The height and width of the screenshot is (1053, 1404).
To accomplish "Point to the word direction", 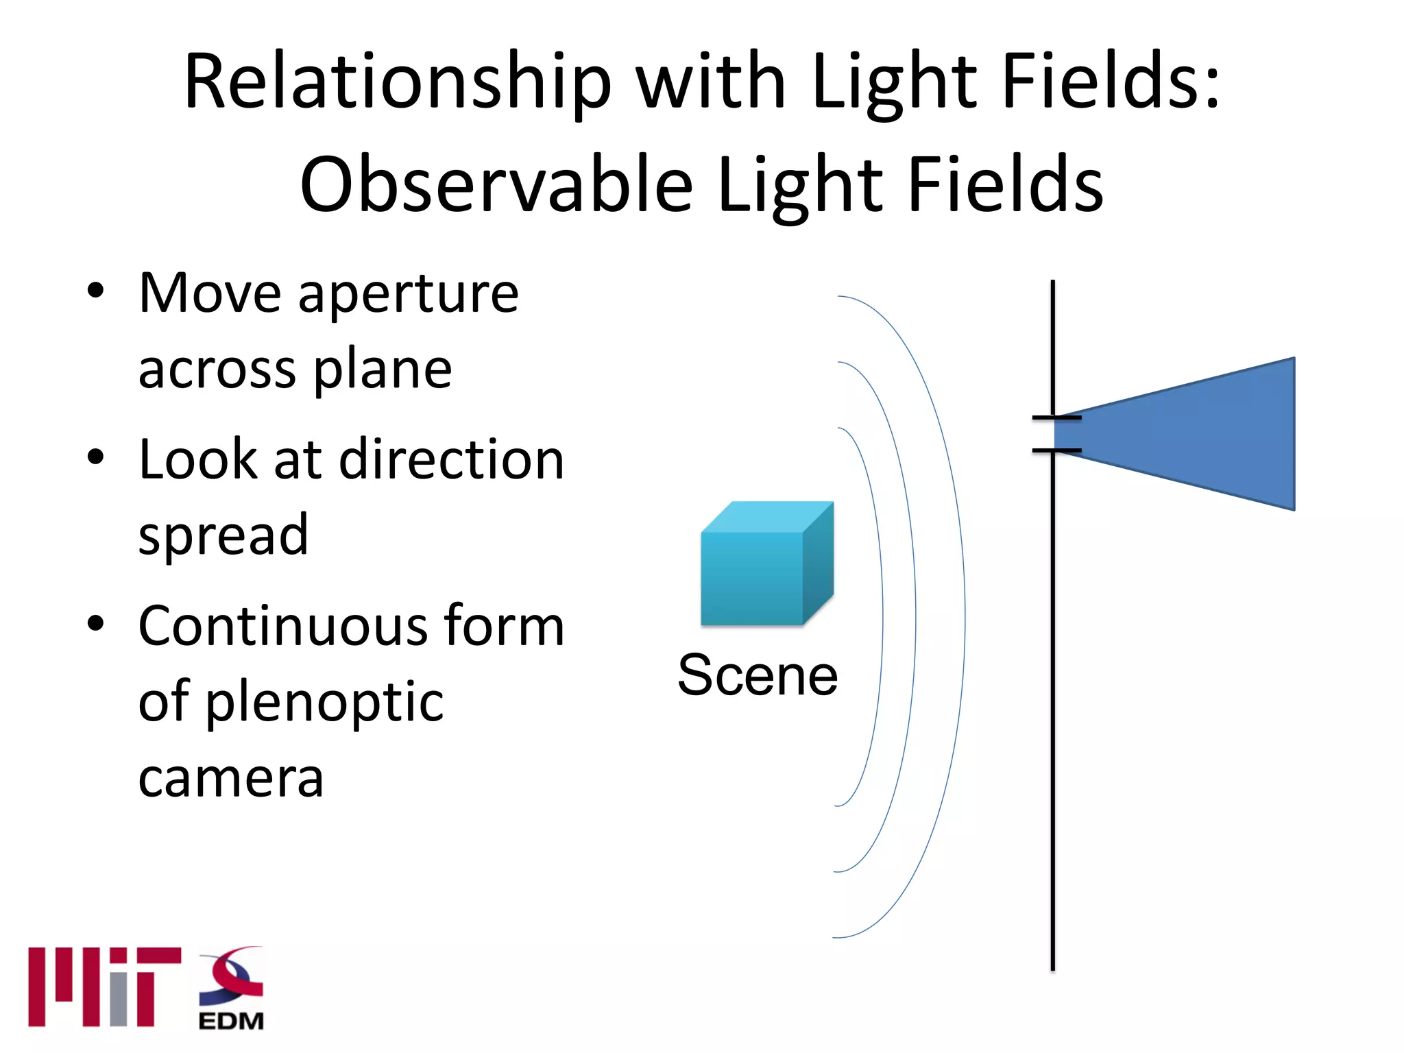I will [452, 460].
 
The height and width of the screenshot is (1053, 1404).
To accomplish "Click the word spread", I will [223, 535].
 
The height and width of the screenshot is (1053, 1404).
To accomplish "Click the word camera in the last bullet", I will [230, 779].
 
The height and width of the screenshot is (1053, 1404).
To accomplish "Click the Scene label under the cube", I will [757, 676].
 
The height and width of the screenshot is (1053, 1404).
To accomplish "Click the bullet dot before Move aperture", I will [95, 291].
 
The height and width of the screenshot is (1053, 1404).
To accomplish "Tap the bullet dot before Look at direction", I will [95, 457].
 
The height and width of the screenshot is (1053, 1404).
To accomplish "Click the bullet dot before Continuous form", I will [95, 623].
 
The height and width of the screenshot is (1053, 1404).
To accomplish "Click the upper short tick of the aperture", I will [1056, 417].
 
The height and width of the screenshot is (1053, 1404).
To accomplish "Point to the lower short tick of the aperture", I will [1056, 450].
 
